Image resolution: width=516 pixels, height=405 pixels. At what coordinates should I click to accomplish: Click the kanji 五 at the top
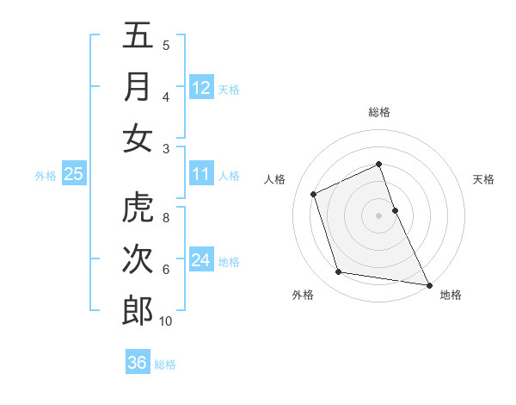point(138,35)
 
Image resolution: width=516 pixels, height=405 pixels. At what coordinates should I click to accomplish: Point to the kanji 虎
point(138,209)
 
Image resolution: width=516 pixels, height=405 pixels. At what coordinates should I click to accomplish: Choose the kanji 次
point(138,259)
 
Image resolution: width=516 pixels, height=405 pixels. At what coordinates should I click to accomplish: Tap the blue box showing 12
point(201,87)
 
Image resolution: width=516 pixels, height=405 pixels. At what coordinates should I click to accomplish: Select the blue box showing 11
point(201,174)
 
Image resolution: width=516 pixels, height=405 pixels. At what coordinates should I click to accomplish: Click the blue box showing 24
point(201,259)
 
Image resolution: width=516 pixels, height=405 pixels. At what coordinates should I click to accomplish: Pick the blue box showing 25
point(74,174)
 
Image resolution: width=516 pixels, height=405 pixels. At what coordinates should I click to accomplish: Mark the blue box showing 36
point(138,363)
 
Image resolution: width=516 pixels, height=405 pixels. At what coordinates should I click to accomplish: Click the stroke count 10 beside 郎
point(165,321)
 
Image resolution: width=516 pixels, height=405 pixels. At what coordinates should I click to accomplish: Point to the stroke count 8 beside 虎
point(166,218)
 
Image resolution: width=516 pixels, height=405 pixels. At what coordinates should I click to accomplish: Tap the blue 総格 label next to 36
point(165,364)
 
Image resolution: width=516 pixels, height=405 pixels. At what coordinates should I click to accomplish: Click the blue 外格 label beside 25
point(46,175)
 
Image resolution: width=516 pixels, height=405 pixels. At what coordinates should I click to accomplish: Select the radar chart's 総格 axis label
point(379,112)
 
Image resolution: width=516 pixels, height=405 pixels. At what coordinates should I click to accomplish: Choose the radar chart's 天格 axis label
point(483,179)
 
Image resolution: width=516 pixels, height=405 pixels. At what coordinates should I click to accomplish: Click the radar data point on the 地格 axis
point(428,283)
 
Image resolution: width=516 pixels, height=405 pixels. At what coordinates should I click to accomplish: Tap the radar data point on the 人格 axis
point(314,194)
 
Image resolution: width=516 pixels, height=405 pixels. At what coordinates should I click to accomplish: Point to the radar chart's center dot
point(379,215)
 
